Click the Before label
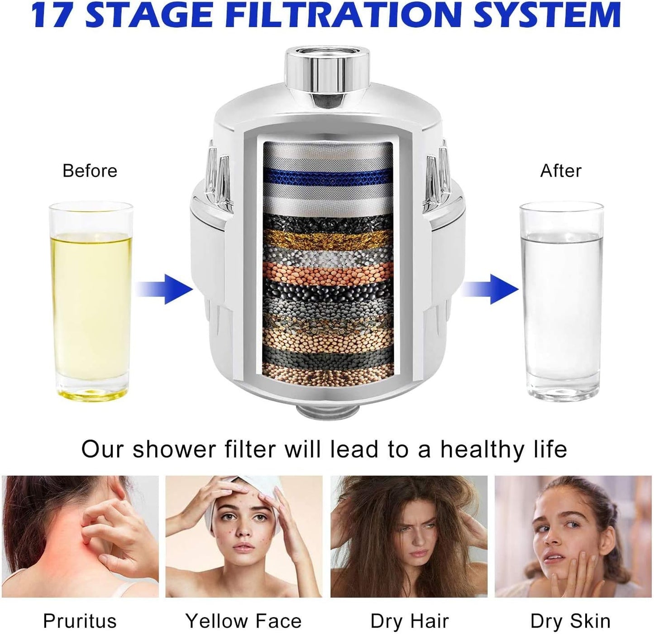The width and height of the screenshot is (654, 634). (x=90, y=170)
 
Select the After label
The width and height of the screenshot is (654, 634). (x=561, y=170)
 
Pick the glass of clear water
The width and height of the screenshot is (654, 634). (x=561, y=302)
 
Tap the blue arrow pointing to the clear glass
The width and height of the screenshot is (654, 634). (x=490, y=289)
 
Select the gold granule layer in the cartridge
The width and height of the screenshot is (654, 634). (x=328, y=239)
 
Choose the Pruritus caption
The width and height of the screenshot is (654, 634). (x=80, y=611)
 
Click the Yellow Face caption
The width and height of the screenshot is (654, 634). (x=243, y=611)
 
